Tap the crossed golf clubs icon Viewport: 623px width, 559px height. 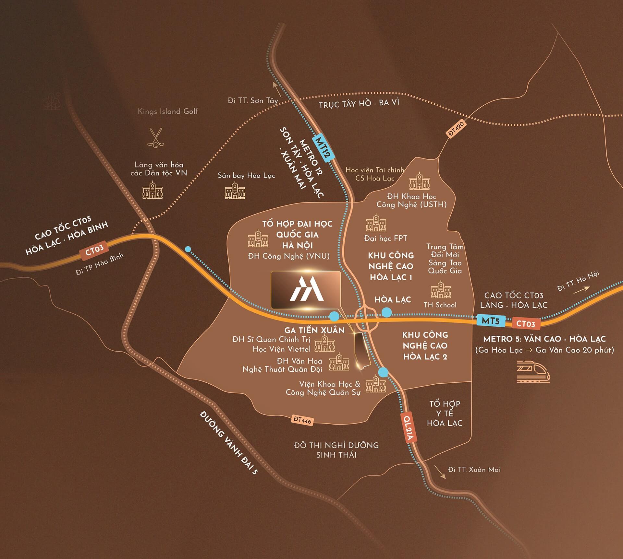tap(155, 137)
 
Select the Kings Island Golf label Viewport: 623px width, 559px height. tap(168, 111)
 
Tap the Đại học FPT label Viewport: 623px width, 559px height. tap(385, 238)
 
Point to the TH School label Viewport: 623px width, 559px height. tap(440, 305)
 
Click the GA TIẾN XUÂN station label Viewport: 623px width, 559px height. tap(314, 330)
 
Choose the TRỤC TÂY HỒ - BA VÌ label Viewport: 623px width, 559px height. tap(359, 104)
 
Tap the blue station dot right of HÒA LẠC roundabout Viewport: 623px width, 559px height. tap(386, 312)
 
